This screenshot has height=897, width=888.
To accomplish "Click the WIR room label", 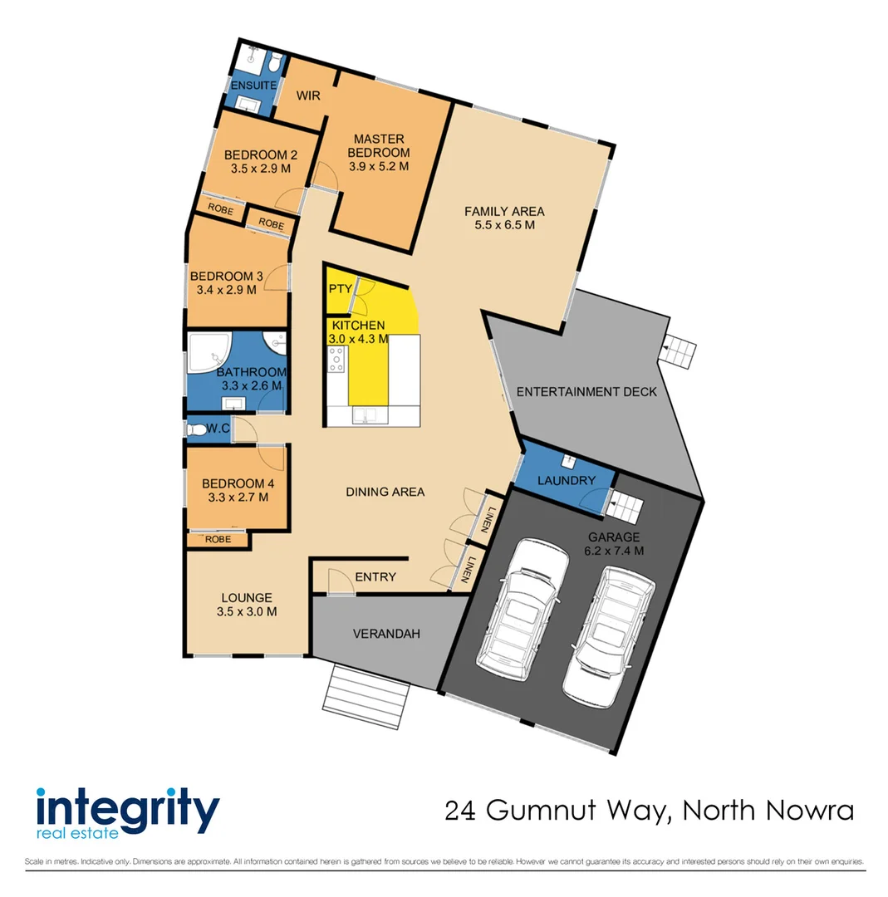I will coord(308,96).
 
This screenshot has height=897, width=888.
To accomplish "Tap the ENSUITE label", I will coord(253,86).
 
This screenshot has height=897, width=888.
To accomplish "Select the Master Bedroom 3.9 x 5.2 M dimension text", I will coord(379,166).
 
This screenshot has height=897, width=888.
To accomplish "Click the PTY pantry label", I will coord(339,289).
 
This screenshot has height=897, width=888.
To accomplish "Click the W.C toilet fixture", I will coord(196,430).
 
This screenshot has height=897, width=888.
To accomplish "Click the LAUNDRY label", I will coord(567,480).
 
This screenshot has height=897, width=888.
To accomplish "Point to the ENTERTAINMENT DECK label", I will coord(586,391).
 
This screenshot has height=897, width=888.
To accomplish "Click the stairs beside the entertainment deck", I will coord(680,352).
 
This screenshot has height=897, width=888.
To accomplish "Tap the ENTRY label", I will coord(375,577).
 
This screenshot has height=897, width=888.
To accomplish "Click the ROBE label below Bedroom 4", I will coord(218,539).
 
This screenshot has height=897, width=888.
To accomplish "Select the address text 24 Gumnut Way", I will coord(556,809).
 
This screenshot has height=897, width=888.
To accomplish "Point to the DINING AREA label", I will coord(385,492).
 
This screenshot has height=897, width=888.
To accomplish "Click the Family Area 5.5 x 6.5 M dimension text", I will coord(504,225).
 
